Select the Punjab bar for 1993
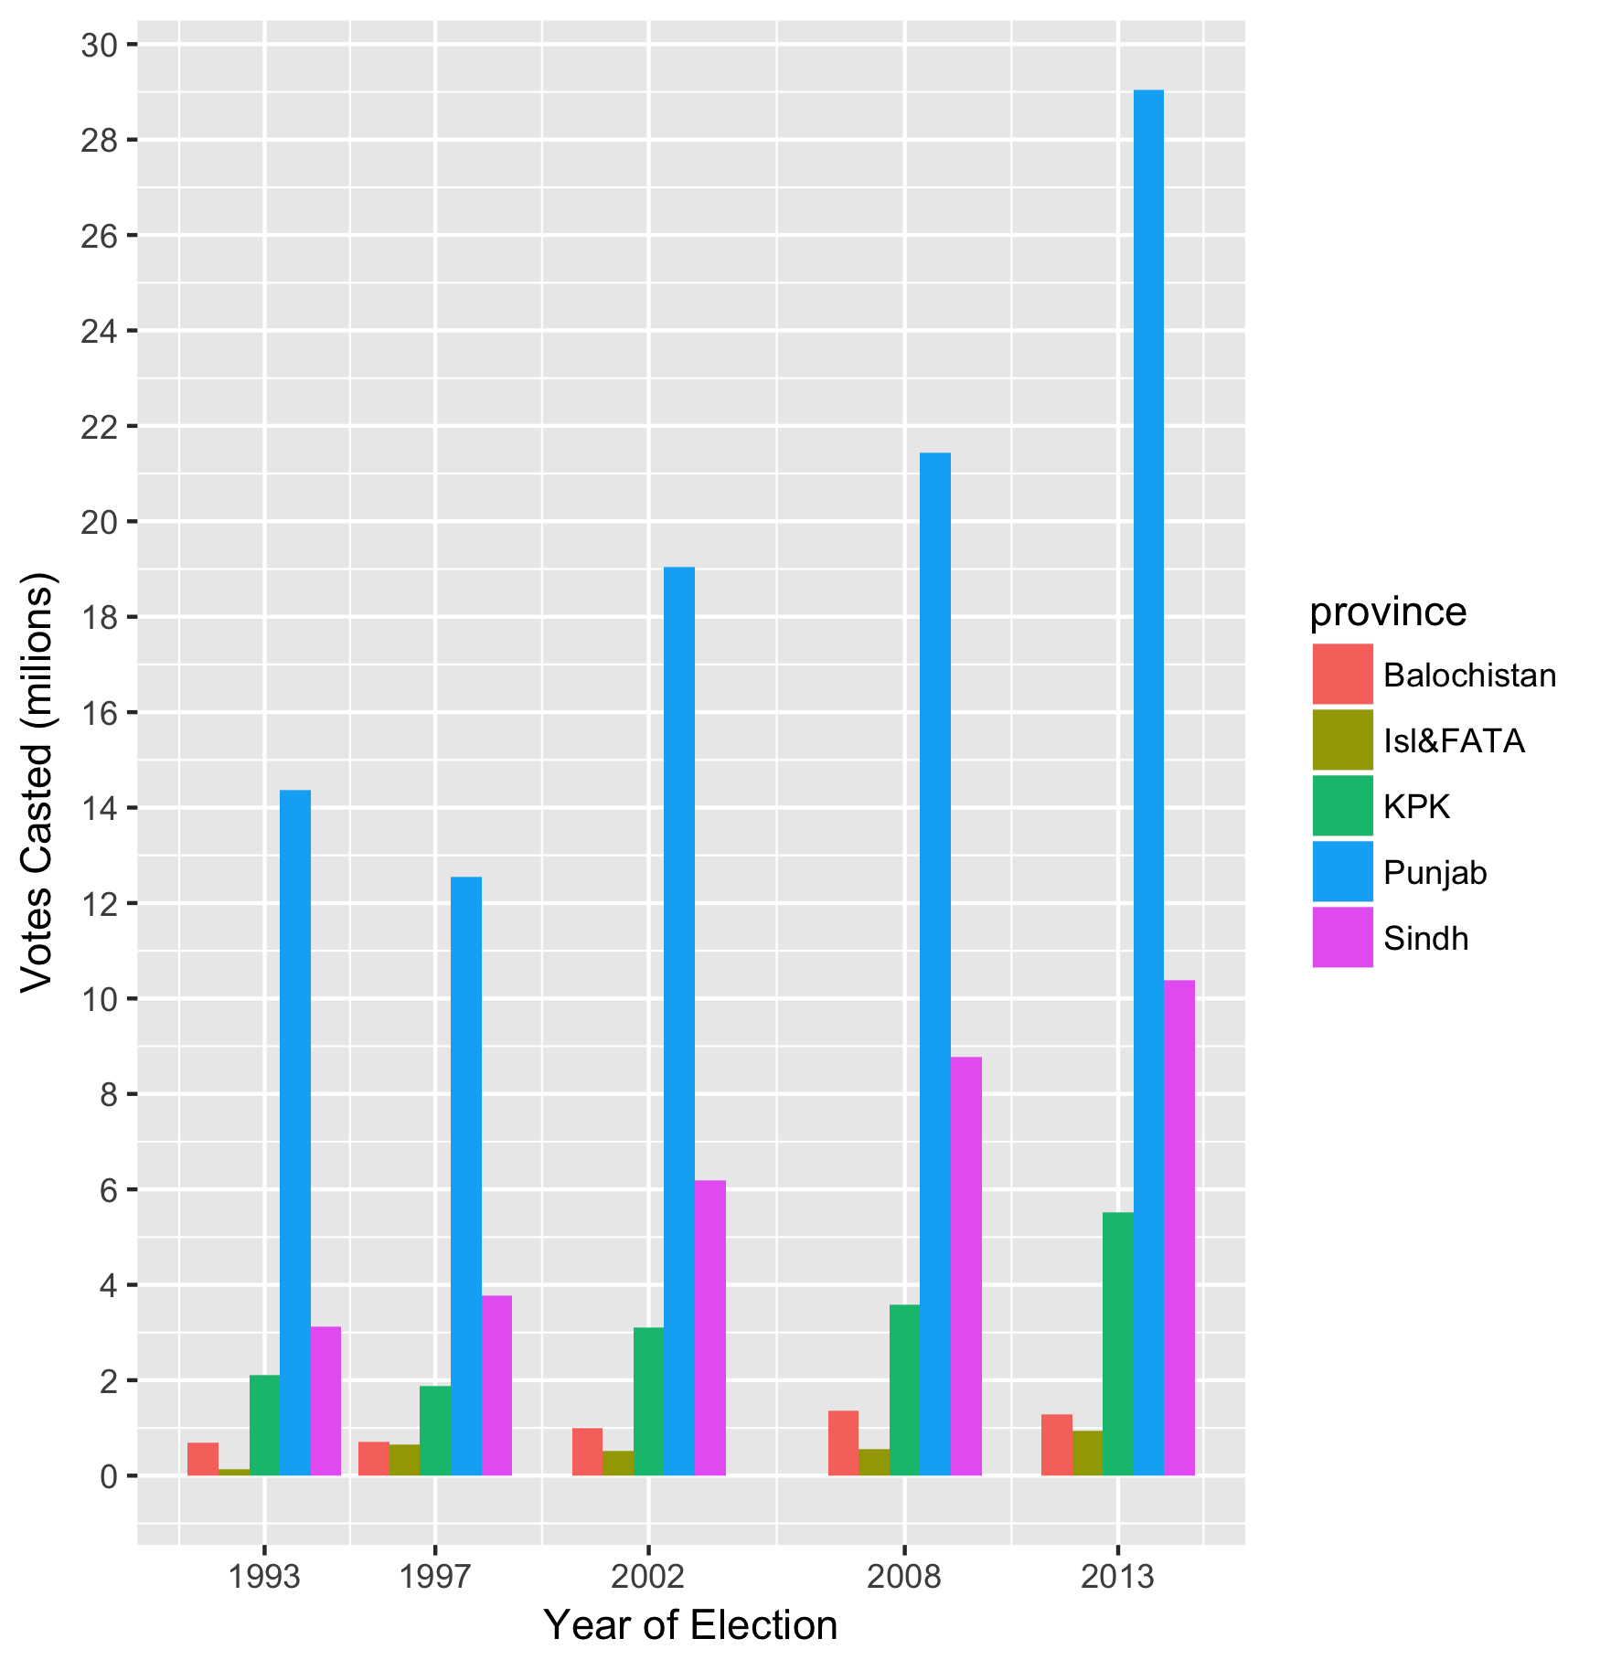[295, 1133]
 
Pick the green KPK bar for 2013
[1117, 1344]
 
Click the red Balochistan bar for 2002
[587, 1452]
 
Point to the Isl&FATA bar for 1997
[404, 1460]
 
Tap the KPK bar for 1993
[264, 1425]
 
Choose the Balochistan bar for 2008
[843, 1443]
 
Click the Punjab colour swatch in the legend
[1342, 871]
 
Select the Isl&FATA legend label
[1454, 740]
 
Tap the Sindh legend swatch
[1342, 937]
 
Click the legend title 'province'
[1387, 612]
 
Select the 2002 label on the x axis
[647, 1578]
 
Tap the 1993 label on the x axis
[263, 1578]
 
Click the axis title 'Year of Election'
[690, 1626]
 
